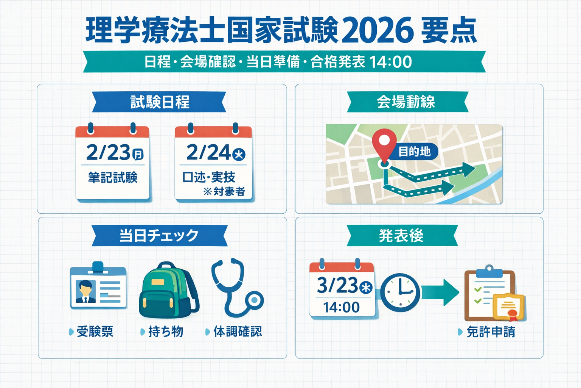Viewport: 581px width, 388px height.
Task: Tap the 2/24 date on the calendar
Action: [209, 152]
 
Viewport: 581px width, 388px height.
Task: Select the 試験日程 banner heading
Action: [160, 102]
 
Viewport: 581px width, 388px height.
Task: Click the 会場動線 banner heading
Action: [406, 102]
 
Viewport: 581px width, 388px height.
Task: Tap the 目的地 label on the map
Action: [415, 152]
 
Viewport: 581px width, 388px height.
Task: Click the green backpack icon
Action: [168, 291]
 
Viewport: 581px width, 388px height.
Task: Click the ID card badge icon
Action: [98, 288]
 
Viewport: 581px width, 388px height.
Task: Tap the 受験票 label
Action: [95, 332]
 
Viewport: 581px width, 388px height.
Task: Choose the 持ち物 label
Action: [165, 332]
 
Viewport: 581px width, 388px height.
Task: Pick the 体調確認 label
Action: [237, 332]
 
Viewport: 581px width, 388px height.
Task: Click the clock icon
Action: [400, 293]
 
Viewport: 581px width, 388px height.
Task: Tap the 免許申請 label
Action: [491, 332]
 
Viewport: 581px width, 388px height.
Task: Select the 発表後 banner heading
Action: [401, 236]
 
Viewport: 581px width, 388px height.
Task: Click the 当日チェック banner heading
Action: [159, 236]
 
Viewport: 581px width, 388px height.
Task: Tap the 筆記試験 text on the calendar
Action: [113, 177]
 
